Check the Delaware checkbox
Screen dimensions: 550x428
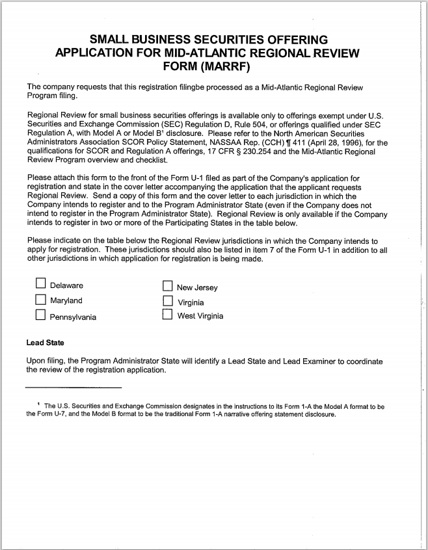click(40, 283)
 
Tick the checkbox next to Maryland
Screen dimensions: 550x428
click(40, 300)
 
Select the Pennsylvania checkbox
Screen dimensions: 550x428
click(40, 316)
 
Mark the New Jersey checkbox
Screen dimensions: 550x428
click(167, 286)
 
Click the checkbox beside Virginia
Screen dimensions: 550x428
click(167, 302)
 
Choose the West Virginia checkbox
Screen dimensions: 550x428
click(167, 315)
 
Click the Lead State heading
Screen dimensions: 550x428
click(45, 343)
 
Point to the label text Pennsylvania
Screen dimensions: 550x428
click(73, 317)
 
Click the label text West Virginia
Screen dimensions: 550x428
click(200, 316)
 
